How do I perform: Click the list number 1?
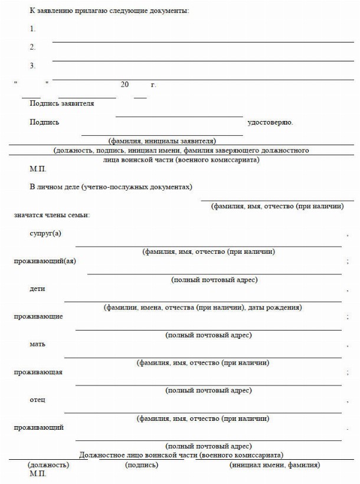tap(32, 29)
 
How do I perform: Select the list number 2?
tap(32, 47)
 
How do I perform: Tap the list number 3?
tap(32, 66)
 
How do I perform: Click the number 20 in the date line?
tap(124, 85)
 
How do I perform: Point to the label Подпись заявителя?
tap(61, 104)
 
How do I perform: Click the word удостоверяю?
tap(270, 123)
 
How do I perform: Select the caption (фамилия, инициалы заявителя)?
tap(162, 141)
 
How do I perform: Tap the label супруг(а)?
tap(45, 233)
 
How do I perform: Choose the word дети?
tap(37, 289)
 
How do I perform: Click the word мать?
tap(37, 344)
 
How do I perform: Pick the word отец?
tap(37, 400)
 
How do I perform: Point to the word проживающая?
tap(38, 372)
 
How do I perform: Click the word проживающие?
tap(38, 316)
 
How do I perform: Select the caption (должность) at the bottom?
tap(48, 465)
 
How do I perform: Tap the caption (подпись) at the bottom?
tap(142, 465)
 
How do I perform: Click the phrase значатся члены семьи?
tap(52, 215)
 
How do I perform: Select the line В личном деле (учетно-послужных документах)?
tap(111, 187)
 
